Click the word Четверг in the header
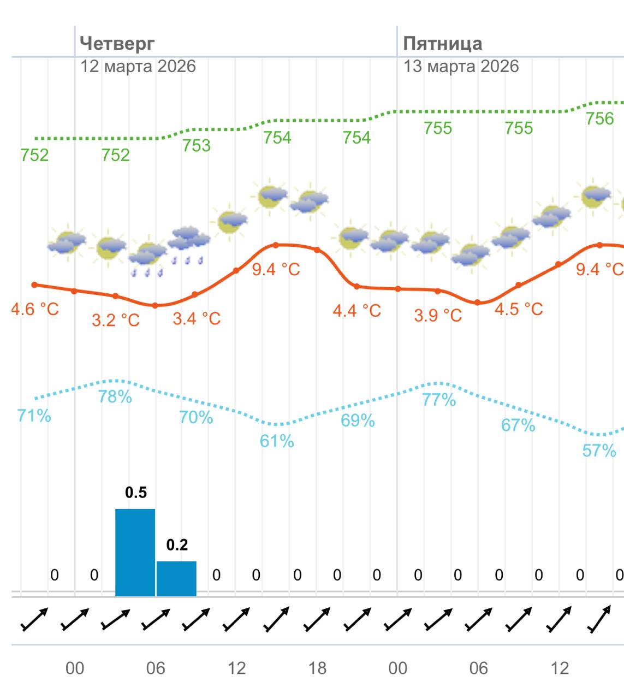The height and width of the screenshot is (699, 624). coord(117,43)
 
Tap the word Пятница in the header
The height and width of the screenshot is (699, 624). coord(442,43)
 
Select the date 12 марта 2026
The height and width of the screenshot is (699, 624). coord(138,67)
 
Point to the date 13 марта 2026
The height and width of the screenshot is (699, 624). coord(461,67)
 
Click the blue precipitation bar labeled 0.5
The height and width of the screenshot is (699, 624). coord(135,552)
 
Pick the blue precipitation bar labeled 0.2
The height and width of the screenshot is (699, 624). coord(176,578)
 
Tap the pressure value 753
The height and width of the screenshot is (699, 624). coord(196,145)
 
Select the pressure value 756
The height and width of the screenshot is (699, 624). coord(599,119)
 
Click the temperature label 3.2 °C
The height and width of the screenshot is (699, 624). coord(116,319)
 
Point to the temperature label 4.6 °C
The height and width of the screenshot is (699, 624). coord(35,309)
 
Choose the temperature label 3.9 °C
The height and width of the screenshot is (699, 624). coord(438,315)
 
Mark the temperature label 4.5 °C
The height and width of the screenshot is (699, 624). coord(519,309)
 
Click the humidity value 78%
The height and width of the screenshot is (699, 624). coord(115,396)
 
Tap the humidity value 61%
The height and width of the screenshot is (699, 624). coord(277,441)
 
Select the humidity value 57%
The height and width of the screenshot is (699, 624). coord(599,451)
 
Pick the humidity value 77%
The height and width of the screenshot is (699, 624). coord(439,400)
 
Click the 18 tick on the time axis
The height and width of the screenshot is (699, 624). coord(317,668)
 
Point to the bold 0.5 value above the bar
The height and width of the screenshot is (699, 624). coord(136,493)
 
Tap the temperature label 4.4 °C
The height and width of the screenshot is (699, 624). coord(357,311)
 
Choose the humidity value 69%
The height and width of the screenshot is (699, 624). coord(358,420)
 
